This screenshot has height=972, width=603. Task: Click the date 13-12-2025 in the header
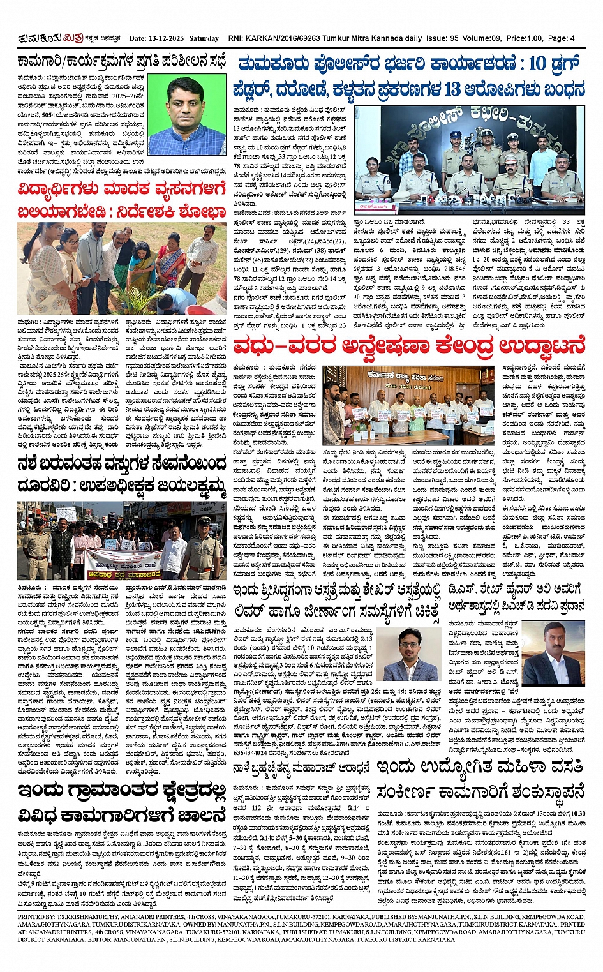[x=169, y=38]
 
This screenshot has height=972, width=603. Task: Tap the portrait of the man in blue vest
[x=187, y=116]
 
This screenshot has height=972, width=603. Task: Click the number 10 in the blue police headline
[x=537, y=64]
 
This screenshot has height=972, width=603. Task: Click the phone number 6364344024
[x=255, y=752]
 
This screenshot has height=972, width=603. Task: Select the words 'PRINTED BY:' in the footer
[x=36, y=916]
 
